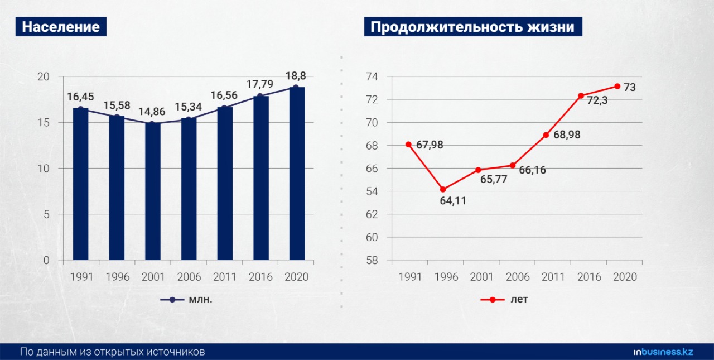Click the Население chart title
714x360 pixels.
click(x=61, y=27)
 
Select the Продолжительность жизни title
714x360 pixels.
click(x=473, y=27)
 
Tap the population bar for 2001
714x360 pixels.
click(x=153, y=191)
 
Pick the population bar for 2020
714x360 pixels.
click(x=297, y=174)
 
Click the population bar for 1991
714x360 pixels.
click(x=81, y=184)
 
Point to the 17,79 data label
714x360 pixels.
click(x=260, y=84)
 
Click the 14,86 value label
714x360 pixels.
click(x=152, y=112)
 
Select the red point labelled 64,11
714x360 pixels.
click(x=443, y=189)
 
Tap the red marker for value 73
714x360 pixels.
click(x=617, y=87)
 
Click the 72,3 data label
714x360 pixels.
click(x=597, y=100)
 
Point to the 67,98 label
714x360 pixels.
click(x=430, y=145)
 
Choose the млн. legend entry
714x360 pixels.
click(x=186, y=299)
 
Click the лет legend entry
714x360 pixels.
click(x=504, y=299)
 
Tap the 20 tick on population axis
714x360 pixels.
click(x=44, y=76)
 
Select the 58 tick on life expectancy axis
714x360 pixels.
click(x=372, y=260)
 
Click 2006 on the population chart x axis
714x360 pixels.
click(x=189, y=277)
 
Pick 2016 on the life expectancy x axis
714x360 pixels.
click(x=589, y=277)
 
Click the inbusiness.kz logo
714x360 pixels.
click(x=663, y=352)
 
